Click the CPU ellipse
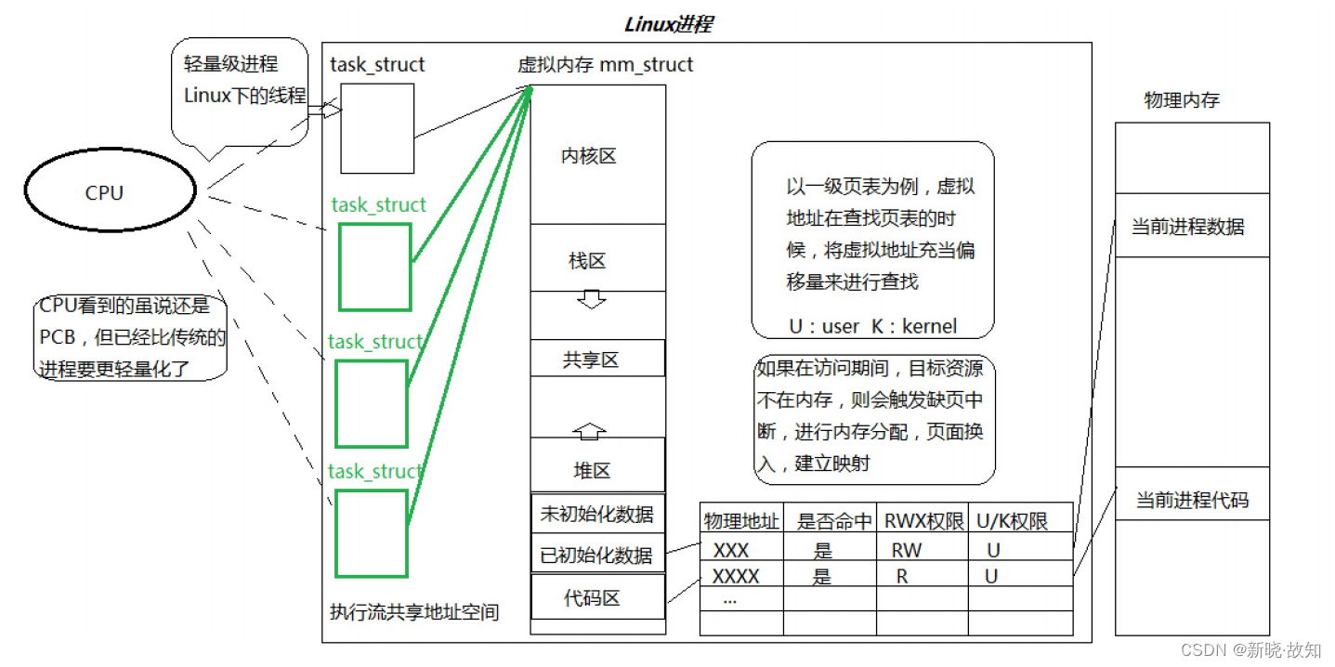(110, 192)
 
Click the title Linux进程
(668, 24)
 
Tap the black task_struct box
(377, 128)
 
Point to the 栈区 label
(587, 260)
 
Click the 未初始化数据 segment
(597, 513)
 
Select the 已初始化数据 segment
(597, 556)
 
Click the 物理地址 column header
(741, 521)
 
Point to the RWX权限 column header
(923, 521)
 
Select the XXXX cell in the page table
(736, 576)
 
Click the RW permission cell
(907, 550)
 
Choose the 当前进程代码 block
(1192, 501)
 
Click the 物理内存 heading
(1181, 100)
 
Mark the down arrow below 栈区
(591, 299)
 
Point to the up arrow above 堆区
(590, 431)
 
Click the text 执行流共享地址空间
(414, 612)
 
